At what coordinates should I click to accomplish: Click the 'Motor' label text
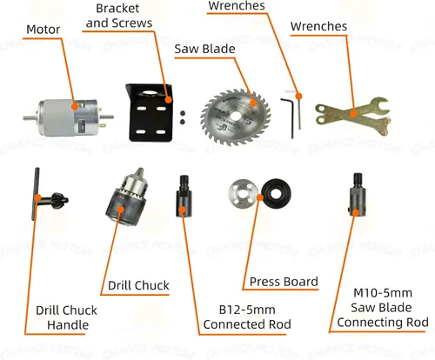click(x=43, y=30)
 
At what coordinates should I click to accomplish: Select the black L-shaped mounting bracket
click(x=149, y=112)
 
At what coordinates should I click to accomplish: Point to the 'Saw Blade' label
click(x=204, y=49)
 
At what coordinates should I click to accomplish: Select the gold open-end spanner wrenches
click(x=352, y=115)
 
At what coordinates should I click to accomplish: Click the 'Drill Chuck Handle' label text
click(x=67, y=317)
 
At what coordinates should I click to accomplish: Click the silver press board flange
click(x=244, y=194)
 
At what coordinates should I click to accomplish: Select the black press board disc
click(x=277, y=193)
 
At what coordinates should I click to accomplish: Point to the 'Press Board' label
click(x=284, y=282)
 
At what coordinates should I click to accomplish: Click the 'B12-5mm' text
click(x=247, y=310)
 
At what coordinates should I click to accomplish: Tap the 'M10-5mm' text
click(x=383, y=293)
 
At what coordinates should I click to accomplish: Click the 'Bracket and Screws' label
click(x=118, y=16)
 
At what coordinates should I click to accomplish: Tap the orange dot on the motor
click(x=75, y=106)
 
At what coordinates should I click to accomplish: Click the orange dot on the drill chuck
click(x=121, y=209)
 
